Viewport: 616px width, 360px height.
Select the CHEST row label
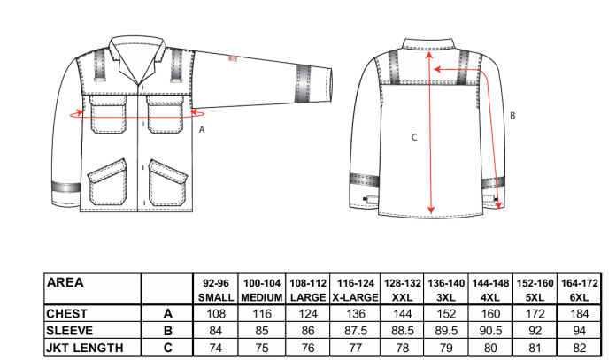(x=66, y=314)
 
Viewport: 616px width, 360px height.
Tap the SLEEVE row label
(x=70, y=331)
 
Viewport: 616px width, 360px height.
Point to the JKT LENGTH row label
(x=84, y=348)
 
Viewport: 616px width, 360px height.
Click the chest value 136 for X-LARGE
(x=355, y=314)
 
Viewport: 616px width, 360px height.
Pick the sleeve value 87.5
(x=355, y=331)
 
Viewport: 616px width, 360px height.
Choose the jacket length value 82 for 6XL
(x=580, y=348)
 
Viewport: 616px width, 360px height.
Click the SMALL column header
(x=216, y=297)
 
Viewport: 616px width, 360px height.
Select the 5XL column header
(x=535, y=297)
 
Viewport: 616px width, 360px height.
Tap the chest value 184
(x=580, y=314)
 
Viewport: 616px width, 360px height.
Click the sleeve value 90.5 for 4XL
(x=490, y=331)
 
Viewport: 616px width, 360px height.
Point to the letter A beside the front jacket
(x=202, y=129)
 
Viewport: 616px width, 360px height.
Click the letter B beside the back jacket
(x=512, y=116)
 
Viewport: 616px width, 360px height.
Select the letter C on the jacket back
(x=414, y=137)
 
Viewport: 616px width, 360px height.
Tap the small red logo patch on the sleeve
(x=233, y=58)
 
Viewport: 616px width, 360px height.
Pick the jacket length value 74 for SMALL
(x=216, y=348)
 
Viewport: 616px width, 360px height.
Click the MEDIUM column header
(x=262, y=297)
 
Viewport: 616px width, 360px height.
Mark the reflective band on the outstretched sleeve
(x=303, y=84)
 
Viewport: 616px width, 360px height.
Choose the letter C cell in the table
(x=168, y=348)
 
